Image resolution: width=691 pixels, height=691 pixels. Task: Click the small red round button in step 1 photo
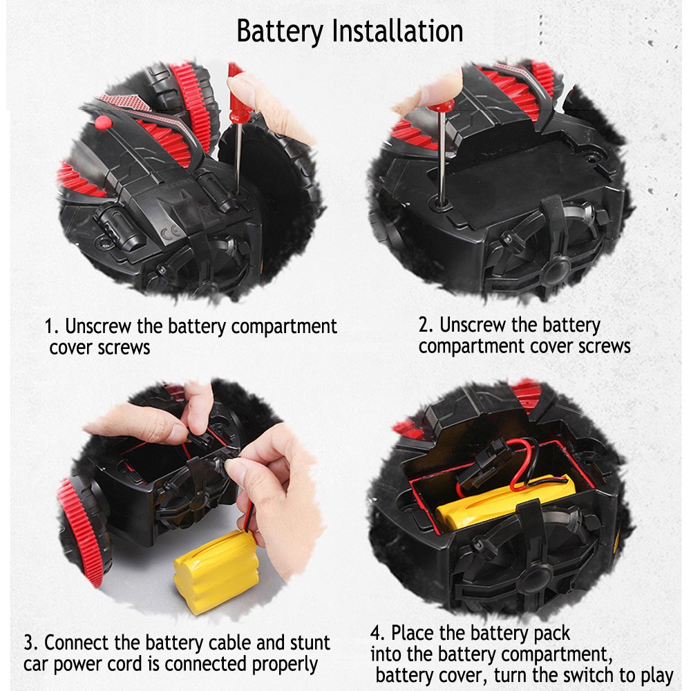[102, 122]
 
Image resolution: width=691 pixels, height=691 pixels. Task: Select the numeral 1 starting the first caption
[50, 327]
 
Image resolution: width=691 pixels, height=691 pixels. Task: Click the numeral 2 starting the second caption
[424, 325]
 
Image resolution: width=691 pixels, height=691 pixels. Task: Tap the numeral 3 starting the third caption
[29, 643]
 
